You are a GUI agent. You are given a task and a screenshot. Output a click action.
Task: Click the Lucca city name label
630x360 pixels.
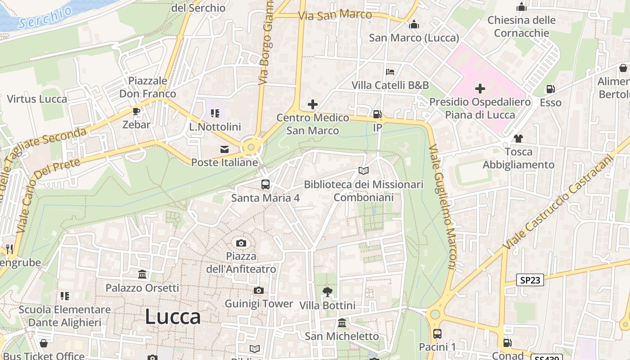tap(173, 317)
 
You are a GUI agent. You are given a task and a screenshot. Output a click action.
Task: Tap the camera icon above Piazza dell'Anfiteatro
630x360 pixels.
tap(241, 243)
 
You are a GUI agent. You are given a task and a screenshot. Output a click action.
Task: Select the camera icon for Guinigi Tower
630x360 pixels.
tap(258, 291)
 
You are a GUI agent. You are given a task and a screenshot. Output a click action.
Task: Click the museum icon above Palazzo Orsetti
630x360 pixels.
tap(143, 274)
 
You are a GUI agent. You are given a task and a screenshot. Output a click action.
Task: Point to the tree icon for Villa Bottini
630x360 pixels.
tap(328, 292)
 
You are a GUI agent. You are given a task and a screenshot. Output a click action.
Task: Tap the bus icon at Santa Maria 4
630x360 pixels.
tap(265, 184)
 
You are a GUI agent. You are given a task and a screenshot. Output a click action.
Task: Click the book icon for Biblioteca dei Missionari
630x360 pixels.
tap(364, 171)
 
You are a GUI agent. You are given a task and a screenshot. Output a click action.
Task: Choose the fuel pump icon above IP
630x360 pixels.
tap(378, 114)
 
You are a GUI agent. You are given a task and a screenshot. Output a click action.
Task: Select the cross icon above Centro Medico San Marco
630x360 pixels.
tap(313, 104)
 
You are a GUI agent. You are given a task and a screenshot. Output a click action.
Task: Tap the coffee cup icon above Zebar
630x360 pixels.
tap(136, 111)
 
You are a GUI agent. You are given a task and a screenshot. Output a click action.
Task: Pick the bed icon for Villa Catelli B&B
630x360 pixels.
tap(390, 72)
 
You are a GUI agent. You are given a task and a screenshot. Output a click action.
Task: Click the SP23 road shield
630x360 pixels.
tap(530, 280)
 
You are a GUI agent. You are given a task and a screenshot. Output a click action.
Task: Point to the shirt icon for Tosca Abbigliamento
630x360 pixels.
tap(518, 139)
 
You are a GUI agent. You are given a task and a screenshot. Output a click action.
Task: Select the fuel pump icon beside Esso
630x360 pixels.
tap(550, 89)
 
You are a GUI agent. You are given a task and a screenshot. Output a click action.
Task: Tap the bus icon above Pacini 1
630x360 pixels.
tap(437, 334)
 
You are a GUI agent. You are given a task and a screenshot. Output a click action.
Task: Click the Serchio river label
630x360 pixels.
tap(45, 18)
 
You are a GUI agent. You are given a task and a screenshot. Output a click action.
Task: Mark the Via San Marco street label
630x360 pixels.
tap(335, 15)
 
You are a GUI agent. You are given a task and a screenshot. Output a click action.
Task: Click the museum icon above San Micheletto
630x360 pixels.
tap(342, 323)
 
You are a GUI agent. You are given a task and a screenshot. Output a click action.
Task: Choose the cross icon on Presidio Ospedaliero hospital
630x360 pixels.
tap(480, 89)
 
